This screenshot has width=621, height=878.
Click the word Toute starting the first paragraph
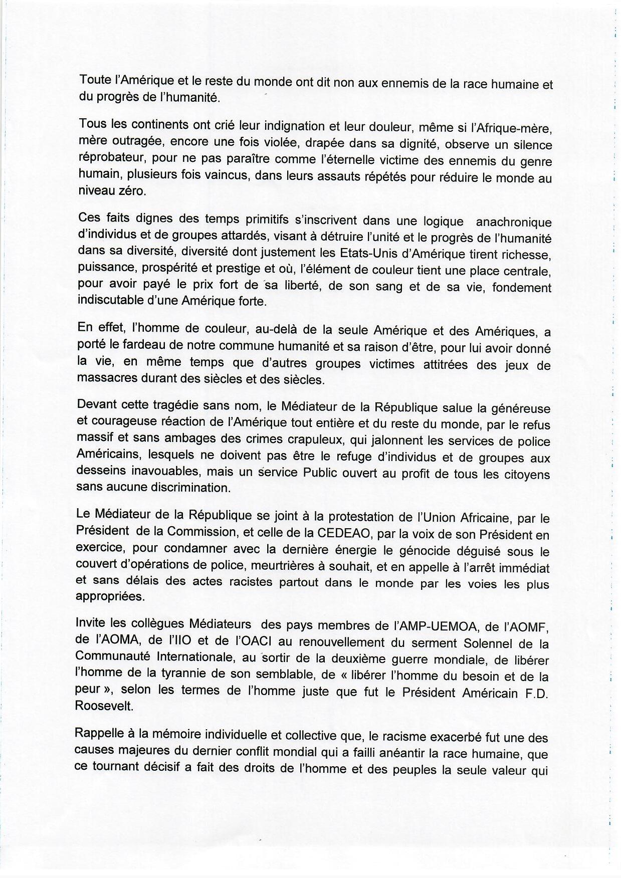(95, 79)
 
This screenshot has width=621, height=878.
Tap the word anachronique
(513, 222)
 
